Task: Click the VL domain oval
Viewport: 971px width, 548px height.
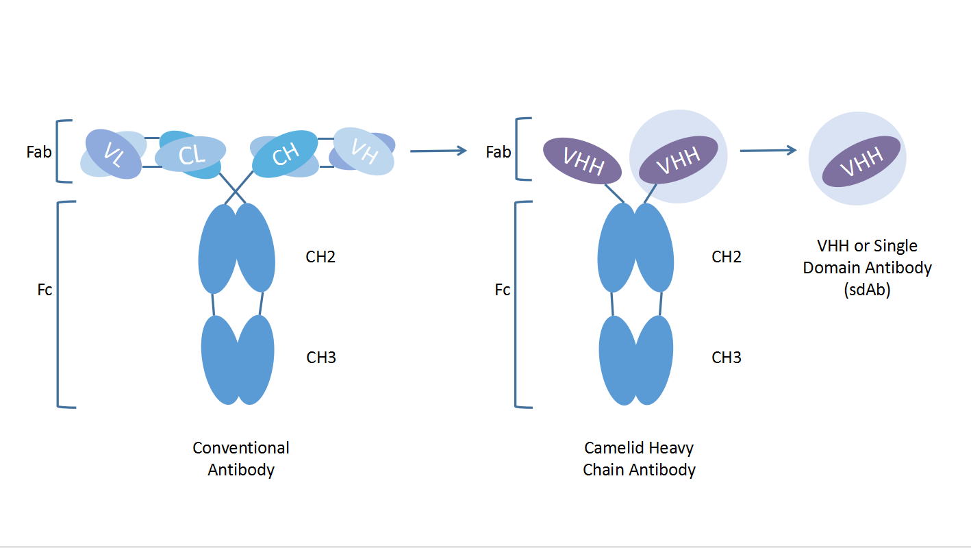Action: point(113,155)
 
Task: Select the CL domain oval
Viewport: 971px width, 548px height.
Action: point(190,155)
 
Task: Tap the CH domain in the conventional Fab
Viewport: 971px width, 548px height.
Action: point(285,154)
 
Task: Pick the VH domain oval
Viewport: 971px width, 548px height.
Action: point(364,151)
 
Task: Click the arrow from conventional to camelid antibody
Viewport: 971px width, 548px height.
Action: point(438,151)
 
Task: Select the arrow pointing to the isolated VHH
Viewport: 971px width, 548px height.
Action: point(768,151)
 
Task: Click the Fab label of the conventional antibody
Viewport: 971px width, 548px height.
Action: point(39,152)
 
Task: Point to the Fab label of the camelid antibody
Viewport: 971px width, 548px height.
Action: point(498,152)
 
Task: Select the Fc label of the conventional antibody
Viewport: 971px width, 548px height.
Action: point(45,290)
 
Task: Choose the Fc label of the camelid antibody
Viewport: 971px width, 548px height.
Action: point(503,290)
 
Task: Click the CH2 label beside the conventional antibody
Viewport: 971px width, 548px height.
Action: point(320,257)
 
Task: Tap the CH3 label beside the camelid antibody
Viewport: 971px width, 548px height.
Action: point(727,358)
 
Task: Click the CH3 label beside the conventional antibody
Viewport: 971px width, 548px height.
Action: point(320,358)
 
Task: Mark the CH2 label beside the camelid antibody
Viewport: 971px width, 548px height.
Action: point(727,257)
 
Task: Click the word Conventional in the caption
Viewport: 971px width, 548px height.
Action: point(241,448)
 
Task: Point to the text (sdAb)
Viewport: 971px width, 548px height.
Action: point(867,289)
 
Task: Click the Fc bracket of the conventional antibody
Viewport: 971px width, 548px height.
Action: point(58,304)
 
